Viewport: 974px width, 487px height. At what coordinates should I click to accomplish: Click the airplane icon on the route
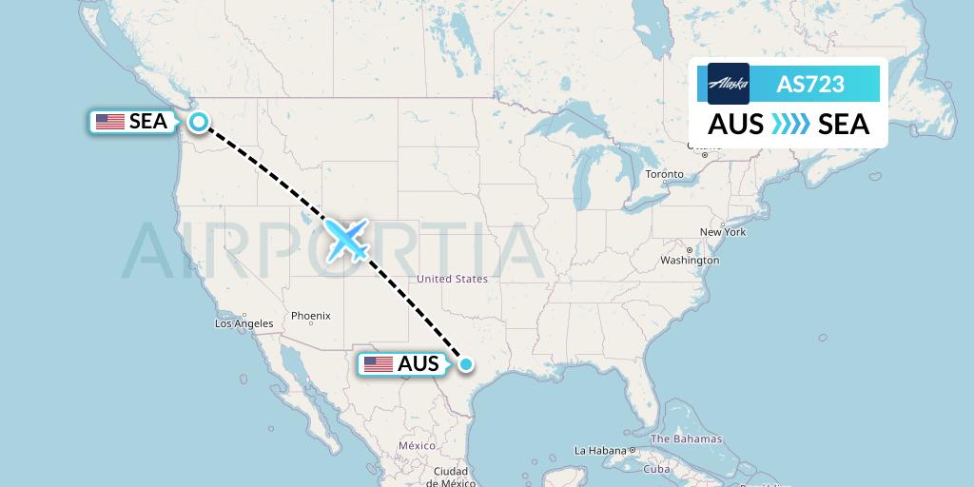[x=347, y=240]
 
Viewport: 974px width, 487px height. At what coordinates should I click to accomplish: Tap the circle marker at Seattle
[x=198, y=121]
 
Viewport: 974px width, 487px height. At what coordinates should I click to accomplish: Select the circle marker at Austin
[x=466, y=363]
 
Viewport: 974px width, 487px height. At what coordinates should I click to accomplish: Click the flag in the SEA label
[x=110, y=122]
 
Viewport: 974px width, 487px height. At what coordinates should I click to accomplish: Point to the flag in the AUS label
[x=379, y=364]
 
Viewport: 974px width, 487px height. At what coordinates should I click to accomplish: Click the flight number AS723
[x=810, y=84]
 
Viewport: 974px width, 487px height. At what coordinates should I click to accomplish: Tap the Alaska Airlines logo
[x=729, y=84]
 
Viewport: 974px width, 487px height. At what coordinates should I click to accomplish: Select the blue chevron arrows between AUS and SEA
[x=790, y=125]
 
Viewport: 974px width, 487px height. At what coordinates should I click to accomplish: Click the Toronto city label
[x=664, y=174]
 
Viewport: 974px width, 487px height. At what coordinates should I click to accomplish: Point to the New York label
[x=722, y=232]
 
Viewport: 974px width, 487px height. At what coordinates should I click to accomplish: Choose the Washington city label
[x=690, y=260]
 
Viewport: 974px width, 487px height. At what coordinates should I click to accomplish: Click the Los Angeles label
[x=243, y=323]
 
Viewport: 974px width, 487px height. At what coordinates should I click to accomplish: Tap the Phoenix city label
[x=310, y=316]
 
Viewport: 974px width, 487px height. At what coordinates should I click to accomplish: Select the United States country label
[x=452, y=279]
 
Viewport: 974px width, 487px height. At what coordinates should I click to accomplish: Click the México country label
[x=417, y=445]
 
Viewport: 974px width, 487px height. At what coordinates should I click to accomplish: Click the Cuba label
[x=657, y=469]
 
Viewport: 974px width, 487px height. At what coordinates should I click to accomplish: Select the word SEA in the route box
[x=844, y=125]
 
